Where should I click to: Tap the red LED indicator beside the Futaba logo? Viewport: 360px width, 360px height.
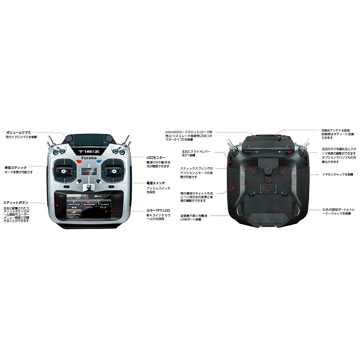point(78,162)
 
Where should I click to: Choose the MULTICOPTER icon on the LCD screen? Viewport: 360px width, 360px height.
point(74,213)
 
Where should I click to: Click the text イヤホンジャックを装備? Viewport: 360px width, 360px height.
point(335,174)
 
